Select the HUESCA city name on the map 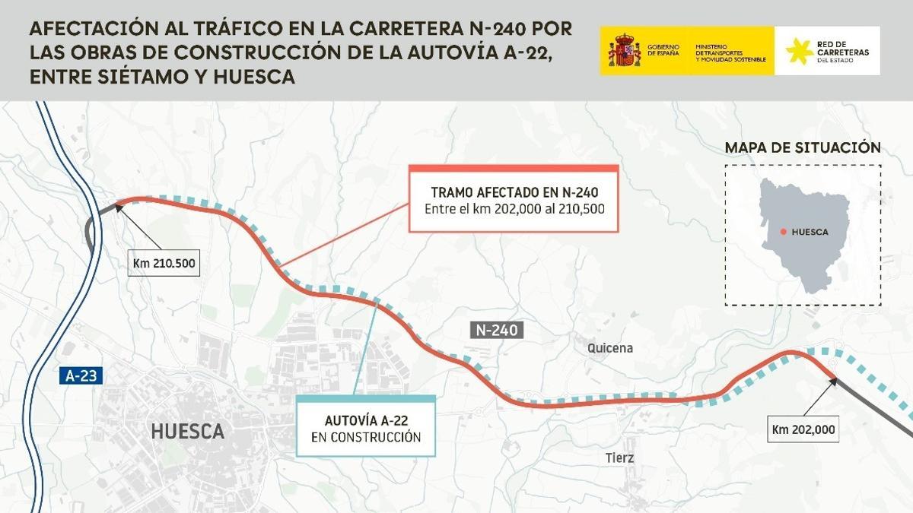[187, 432]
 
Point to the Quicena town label [610, 348]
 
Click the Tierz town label [620, 458]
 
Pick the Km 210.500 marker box [164, 263]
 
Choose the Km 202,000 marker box [803, 429]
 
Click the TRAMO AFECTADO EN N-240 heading [514, 192]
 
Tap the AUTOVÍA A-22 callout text [365, 420]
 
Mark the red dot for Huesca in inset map [783, 232]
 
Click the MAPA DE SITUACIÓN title [803, 147]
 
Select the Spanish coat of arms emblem [623, 51]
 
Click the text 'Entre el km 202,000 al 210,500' [514, 209]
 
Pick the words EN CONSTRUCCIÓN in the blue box [365, 437]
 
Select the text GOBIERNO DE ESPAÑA [663, 51]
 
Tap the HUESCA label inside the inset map [810, 232]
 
